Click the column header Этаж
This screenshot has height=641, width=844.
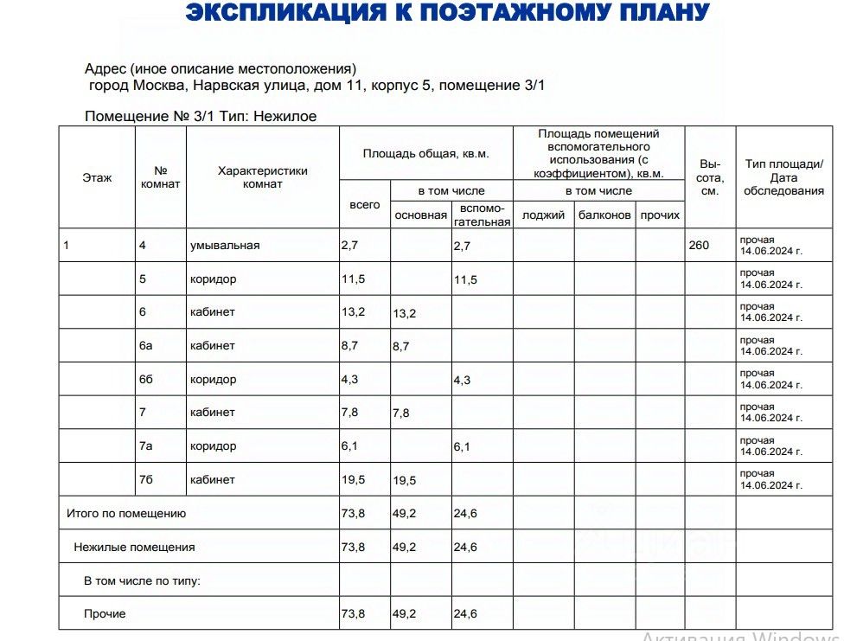97,178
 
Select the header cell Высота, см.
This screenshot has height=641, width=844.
709,177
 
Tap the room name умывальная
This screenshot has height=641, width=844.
225,246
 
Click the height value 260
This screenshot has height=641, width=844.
699,246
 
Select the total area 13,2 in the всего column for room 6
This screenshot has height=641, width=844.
353,312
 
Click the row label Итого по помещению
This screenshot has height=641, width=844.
126,514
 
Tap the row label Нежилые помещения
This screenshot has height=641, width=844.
134,548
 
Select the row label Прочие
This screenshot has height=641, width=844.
105,614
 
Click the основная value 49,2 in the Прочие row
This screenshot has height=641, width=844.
405,614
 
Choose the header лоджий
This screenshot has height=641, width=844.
543,215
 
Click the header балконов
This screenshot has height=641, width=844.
604,215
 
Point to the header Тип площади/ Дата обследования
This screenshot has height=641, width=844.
784,177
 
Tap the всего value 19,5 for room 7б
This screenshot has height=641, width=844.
353,480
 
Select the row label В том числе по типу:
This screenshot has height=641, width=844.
142,581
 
